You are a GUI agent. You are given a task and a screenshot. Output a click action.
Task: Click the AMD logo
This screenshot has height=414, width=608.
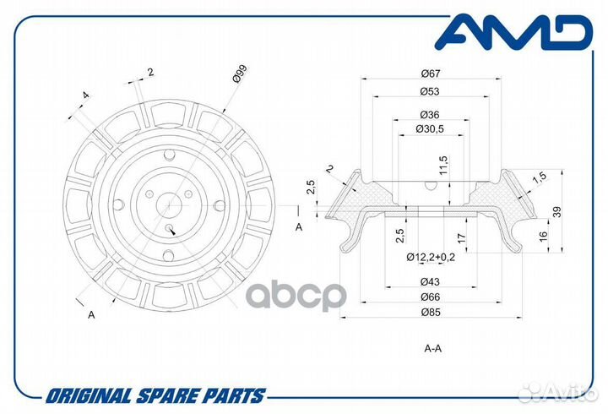tap(513, 32)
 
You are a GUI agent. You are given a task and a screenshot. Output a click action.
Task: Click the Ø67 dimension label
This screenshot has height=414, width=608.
tap(431, 74)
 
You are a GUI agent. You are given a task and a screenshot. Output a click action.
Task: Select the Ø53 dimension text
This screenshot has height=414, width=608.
tap(430, 91)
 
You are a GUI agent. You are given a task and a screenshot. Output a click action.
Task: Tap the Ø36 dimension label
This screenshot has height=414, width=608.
tap(430, 115)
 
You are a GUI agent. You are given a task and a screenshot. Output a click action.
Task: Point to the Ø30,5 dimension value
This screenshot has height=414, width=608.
tap(430, 128)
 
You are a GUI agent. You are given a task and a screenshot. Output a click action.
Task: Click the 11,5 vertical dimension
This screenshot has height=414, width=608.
tap(443, 166)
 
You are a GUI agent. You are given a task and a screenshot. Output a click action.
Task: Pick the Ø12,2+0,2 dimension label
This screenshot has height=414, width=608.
tap(431, 257)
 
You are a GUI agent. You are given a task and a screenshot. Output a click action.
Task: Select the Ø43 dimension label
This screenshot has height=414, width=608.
tap(430, 281)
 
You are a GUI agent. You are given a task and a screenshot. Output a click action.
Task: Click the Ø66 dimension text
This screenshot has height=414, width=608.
tap(430, 297)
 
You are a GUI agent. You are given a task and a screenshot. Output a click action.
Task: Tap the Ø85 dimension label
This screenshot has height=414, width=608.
tap(431, 312)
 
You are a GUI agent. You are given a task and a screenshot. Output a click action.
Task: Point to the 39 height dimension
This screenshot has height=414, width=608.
tap(556, 212)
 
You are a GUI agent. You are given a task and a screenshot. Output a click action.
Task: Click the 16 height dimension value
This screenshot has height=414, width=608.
tap(543, 235)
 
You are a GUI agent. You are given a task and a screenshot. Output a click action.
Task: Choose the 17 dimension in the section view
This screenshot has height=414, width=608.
tap(461, 238)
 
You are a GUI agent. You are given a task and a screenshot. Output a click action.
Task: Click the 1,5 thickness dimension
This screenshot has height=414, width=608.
tap(539, 177)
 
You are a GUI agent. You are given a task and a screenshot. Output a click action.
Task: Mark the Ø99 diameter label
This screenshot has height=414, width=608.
tap(240, 74)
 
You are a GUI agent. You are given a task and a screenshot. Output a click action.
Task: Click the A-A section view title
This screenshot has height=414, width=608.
tap(432, 348)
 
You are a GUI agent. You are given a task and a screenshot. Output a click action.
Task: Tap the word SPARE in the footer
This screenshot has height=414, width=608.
tap(171, 395)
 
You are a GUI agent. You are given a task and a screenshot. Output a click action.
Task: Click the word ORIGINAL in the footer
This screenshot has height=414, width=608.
tap(88, 395)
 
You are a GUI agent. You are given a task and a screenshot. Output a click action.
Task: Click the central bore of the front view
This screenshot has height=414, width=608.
tap(169, 205)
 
